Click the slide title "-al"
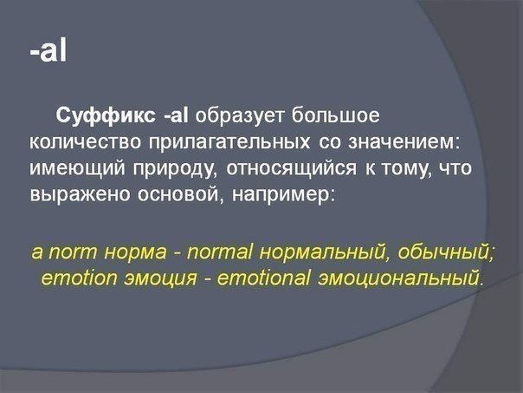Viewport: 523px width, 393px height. [x=48, y=51]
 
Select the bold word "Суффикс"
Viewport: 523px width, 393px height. [x=106, y=116]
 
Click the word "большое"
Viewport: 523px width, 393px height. [x=336, y=115]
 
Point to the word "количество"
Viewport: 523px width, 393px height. [x=86, y=142]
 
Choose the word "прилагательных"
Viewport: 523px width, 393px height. [x=229, y=143]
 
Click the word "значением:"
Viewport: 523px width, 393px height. [x=404, y=142]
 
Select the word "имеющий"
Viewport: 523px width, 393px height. [x=77, y=167]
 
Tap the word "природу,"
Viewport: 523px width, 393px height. [x=173, y=169]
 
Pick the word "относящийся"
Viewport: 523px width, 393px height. [x=291, y=169]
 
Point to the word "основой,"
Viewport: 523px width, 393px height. [x=180, y=193]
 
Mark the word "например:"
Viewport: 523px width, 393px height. [x=282, y=195]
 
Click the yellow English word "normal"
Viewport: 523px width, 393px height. [x=220, y=252]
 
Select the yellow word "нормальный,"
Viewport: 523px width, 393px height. [x=324, y=252]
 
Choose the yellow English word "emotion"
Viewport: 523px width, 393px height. [x=79, y=278]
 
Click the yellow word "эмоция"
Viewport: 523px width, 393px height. [x=161, y=278]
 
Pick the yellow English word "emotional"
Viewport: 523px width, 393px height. [x=263, y=278]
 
